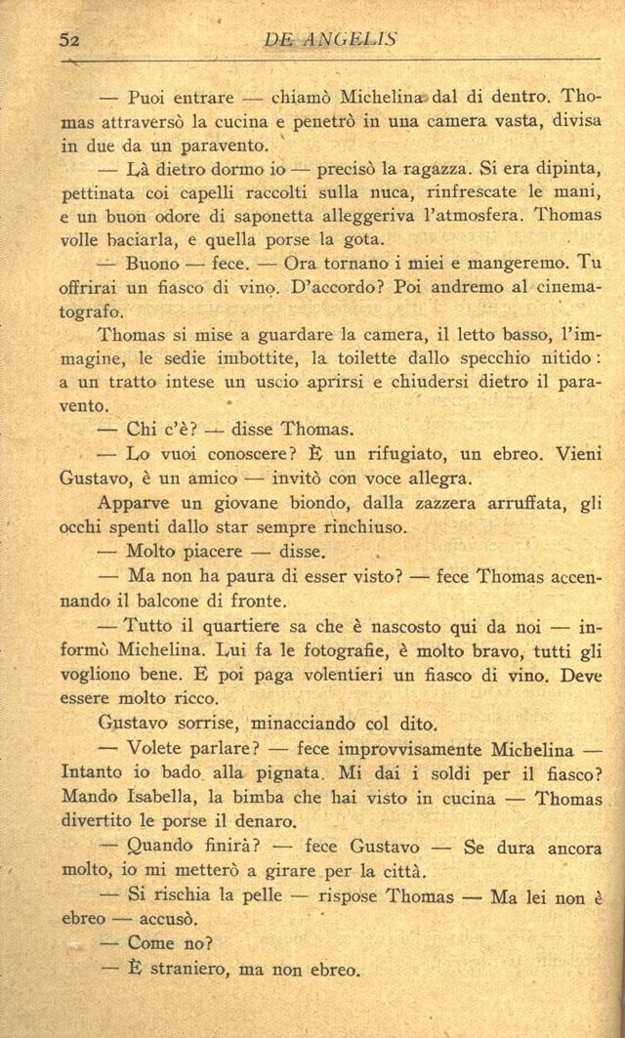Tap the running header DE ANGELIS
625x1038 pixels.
tap(331, 39)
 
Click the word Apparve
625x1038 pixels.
tap(134, 504)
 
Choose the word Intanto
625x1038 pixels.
tap(91, 773)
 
